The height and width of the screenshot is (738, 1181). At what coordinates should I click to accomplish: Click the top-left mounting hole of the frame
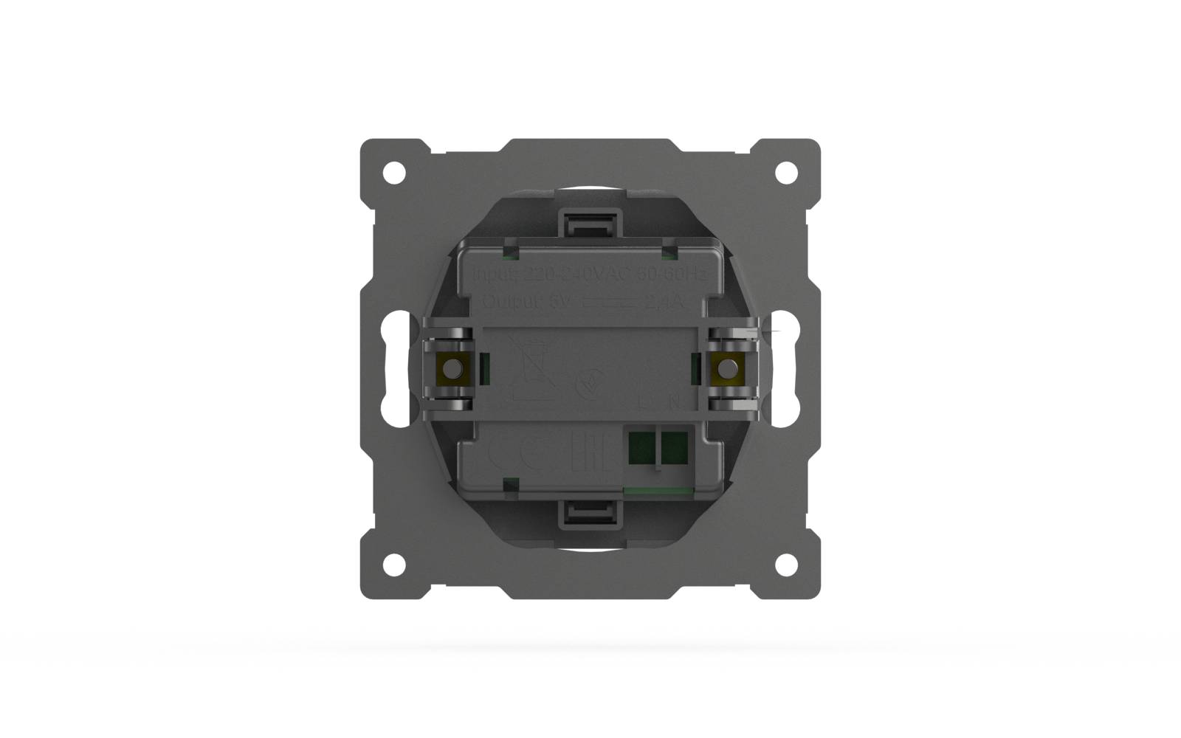(x=395, y=173)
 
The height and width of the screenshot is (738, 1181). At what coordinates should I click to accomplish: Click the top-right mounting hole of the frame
(x=786, y=173)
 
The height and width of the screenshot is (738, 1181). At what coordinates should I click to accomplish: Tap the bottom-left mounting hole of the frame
(x=395, y=565)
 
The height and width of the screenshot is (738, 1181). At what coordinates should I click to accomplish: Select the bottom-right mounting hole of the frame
(x=786, y=565)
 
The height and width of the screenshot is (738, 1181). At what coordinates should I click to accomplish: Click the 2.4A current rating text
(x=667, y=302)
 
